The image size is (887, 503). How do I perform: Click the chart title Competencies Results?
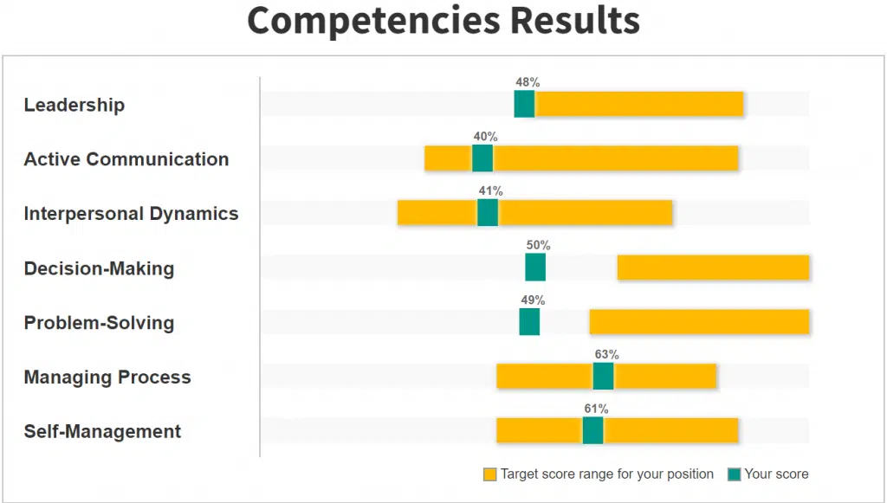443,22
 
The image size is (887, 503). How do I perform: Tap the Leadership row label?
74,105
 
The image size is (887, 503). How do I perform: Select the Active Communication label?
126,159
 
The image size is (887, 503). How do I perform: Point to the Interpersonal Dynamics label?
131,214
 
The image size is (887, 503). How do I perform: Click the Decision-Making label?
99,268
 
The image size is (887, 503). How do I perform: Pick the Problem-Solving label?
99,323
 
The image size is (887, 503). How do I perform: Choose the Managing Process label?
107,377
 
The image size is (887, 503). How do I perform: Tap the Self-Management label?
102,432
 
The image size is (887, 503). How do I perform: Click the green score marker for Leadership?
524,104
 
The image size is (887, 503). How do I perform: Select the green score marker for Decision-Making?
535,268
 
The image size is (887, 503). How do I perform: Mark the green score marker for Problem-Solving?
529,322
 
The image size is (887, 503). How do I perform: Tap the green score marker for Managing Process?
603,377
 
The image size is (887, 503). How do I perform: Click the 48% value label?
528,82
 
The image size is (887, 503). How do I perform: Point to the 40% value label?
485,137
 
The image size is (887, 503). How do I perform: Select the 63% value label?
606,355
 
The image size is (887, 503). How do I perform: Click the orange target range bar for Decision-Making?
713,268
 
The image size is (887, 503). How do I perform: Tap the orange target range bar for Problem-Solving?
699,322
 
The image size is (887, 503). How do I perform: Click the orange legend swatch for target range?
490,474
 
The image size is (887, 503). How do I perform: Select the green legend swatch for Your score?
735,474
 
